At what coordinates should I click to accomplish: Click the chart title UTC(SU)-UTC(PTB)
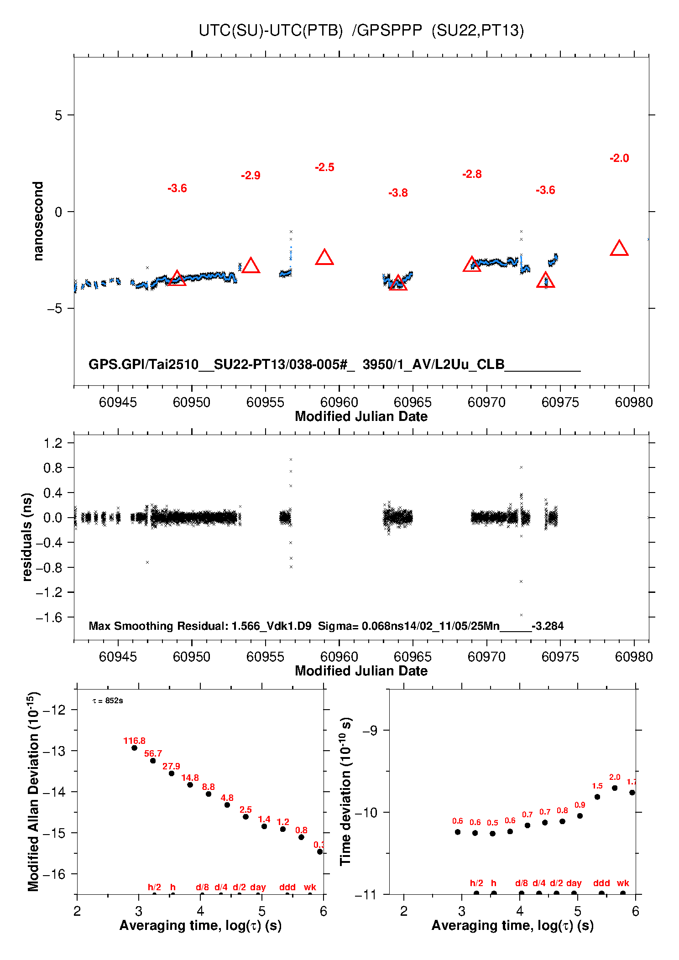(271, 31)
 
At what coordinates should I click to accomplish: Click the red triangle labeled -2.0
(619, 249)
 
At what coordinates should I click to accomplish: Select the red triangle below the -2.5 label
(324, 258)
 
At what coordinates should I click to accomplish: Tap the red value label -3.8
(398, 193)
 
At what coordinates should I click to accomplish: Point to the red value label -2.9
(251, 176)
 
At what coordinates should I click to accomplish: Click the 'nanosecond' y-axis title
(38, 221)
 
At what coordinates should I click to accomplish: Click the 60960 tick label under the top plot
(339, 402)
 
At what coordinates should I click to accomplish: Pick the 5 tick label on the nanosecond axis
(58, 115)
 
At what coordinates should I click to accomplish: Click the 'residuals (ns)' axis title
(27, 537)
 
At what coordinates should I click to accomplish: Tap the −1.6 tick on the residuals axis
(49, 618)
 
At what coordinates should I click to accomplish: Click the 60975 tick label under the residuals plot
(560, 657)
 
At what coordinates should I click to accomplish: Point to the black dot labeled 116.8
(134, 748)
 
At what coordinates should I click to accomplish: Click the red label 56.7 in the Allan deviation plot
(153, 753)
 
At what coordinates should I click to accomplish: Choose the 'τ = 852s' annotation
(108, 701)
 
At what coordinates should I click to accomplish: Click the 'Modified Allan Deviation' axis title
(34, 791)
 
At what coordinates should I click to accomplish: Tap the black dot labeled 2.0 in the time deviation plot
(615, 788)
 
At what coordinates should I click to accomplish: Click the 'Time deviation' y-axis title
(346, 791)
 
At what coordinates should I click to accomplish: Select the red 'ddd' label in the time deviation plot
(601, 883)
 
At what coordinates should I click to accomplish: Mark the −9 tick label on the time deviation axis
(370, 731)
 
